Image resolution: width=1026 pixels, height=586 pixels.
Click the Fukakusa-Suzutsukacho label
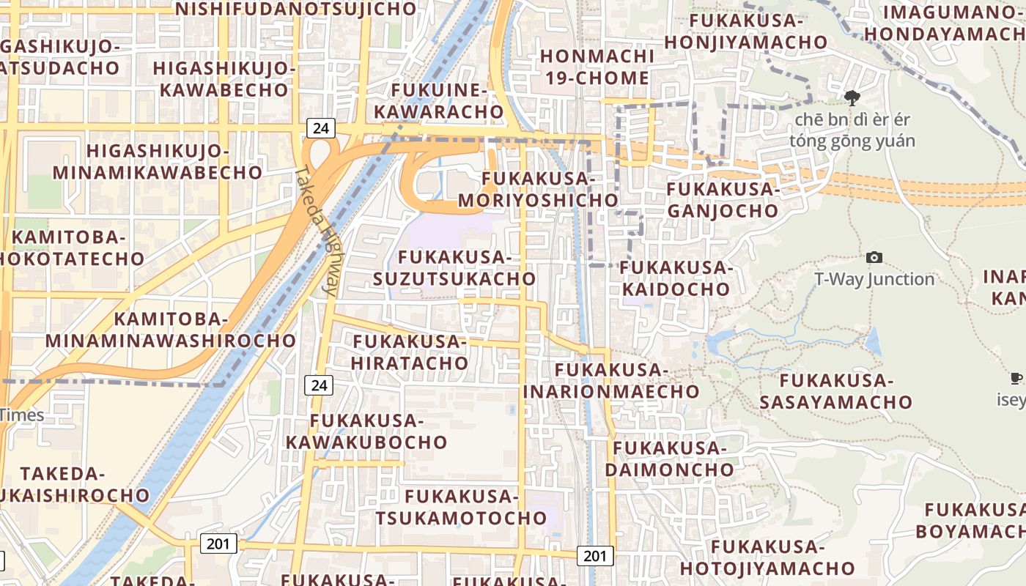click(x=454, y=268)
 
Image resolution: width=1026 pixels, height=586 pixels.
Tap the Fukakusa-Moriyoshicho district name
click(x=538, y=189)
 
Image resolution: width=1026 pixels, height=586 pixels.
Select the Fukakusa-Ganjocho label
click(x=723, y=200)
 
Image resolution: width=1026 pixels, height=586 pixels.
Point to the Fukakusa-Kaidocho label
click(x=676, y=278)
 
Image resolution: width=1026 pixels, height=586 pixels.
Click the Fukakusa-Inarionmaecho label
click(x=611, y=381)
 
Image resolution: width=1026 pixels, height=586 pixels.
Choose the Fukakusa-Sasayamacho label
click(x=835, y=391)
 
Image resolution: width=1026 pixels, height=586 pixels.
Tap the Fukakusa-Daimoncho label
click(x=670, y=459)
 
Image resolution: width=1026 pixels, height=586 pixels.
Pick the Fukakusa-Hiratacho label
click(x=410, y=352)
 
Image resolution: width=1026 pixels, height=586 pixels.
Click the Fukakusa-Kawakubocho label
click(x=366, y=431)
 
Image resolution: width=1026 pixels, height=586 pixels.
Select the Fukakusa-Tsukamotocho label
click(x=462, y=508)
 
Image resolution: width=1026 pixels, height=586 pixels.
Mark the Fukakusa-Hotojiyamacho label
click(x=767, y=557)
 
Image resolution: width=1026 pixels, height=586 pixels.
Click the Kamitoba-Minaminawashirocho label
click(x=171, y=330)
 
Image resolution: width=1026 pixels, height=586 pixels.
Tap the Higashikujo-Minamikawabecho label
click(x=158, y=162)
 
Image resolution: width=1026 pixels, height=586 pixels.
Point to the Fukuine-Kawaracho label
click(x=448, y=101)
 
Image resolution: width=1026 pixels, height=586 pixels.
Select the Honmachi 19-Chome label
click(x=597, y=67)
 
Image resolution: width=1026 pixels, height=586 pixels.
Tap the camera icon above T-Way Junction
click(x=874, y=257)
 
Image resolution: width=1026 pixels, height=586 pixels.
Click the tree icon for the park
click(x=852, y=97)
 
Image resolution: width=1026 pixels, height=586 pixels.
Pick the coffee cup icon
click(x=1016, y=379)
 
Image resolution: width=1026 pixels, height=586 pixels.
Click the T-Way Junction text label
click(x=874, y=279)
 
